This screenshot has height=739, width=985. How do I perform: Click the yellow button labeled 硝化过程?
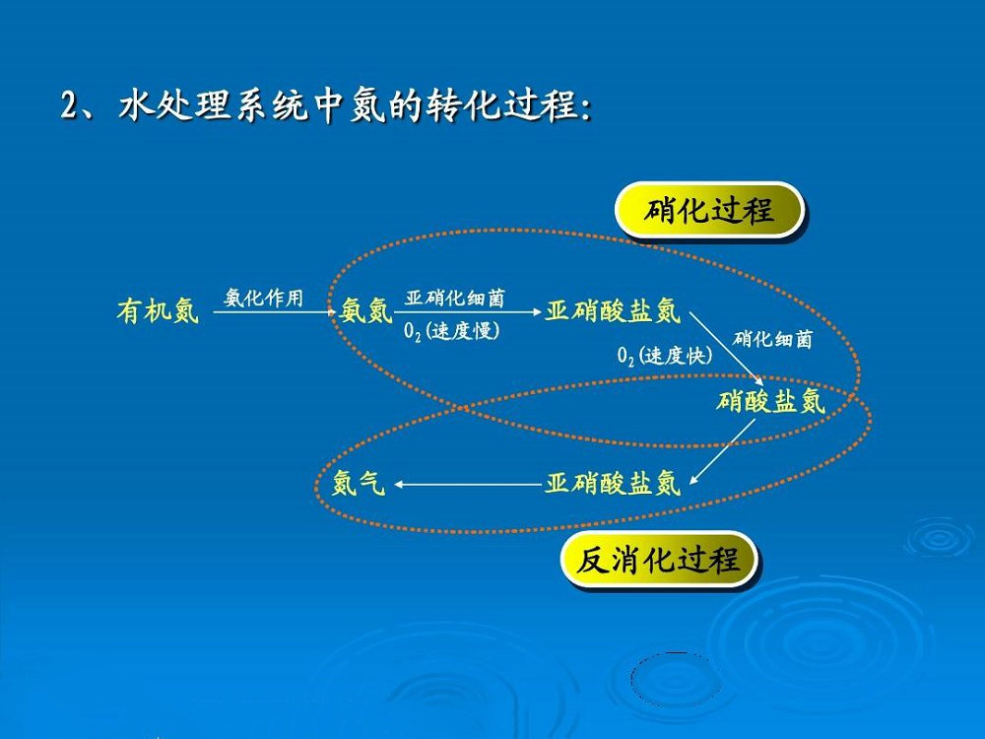(709, 210)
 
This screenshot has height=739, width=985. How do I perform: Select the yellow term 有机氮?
(158, 312)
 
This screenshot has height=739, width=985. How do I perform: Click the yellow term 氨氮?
(366, 312)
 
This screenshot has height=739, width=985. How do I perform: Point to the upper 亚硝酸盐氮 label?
(613, 311)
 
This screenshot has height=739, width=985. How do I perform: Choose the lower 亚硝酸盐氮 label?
(613, 483)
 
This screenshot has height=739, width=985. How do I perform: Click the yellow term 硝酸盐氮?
(770, 401)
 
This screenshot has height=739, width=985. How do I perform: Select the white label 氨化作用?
(263, 298)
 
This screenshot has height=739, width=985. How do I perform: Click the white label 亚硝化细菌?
(455, 298)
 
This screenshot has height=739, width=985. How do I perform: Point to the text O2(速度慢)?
(452, 331)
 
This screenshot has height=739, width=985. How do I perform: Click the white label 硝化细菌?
(773, 339)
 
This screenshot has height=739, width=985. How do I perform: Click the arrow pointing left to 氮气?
(468, 484)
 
